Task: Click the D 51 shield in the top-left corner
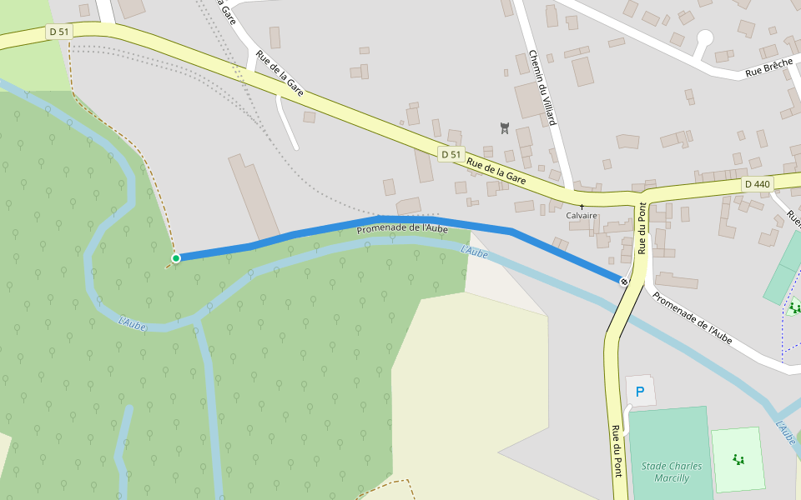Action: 59,32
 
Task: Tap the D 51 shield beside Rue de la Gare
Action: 451,155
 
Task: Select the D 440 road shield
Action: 758,184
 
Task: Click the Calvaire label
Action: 582,215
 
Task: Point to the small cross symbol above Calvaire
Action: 582,206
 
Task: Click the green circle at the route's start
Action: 176,258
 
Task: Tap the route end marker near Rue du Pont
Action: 624,282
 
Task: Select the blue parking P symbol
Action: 640,391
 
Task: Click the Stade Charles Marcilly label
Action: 672,472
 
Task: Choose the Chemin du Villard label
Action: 542,87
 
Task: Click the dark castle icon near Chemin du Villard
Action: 504,127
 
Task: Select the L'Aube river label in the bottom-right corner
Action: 785,432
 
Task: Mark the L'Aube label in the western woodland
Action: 133,322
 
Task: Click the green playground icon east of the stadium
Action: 738,458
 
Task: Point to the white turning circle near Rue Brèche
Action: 705,37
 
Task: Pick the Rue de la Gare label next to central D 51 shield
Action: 496,171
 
